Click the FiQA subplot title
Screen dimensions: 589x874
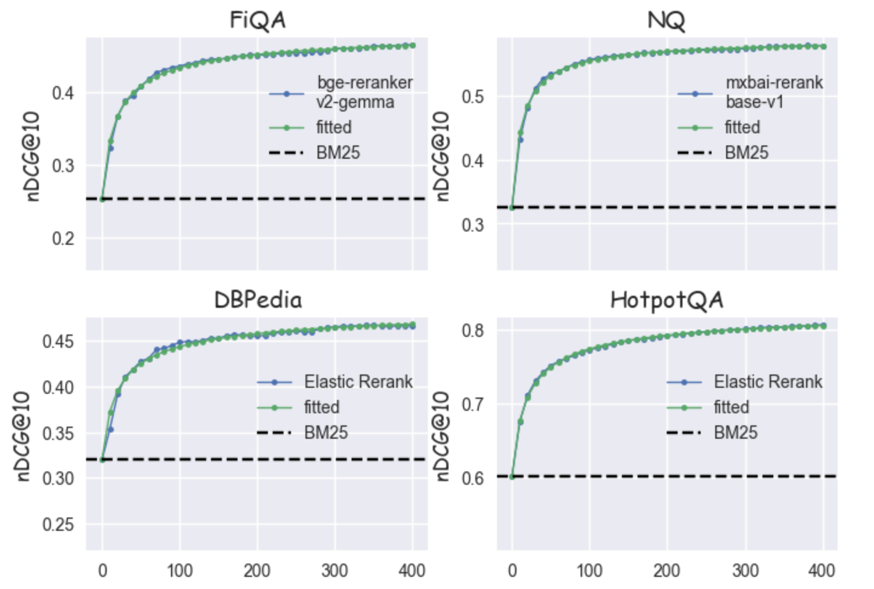[258, 21]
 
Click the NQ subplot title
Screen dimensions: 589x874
[666, 21]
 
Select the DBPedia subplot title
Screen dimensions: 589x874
[258, 300]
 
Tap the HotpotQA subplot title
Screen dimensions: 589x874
[667, 300]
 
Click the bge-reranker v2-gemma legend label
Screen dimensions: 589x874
[364, 92]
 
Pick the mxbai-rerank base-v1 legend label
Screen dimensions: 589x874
[774, 92]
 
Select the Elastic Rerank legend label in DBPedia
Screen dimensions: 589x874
[358, 382]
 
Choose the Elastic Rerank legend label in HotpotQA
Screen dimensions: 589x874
[768, 382]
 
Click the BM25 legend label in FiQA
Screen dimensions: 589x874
[338, 153]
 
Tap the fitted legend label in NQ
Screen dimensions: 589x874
[742, 127]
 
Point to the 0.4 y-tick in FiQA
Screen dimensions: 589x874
[63, 93]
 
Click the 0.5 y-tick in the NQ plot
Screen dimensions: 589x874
[473, 97]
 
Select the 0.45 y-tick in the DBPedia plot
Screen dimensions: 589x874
[58, 341]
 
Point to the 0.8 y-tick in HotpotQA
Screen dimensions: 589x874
[473, 331]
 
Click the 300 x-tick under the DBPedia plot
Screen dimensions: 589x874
[335, 571]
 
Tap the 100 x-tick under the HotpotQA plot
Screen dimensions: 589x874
[589, 571]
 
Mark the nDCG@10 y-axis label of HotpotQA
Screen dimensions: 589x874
[442, 436]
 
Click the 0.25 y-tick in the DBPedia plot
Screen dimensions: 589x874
[58, 524]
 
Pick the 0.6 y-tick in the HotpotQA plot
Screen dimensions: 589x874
[473, 478]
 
